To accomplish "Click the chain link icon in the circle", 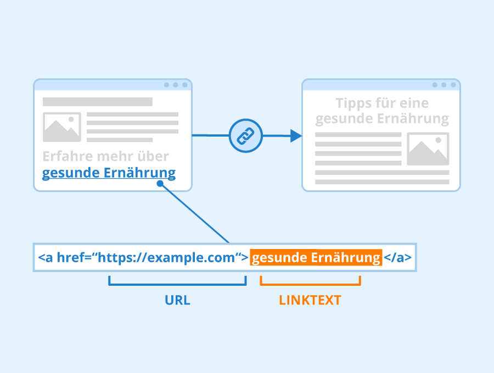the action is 245,135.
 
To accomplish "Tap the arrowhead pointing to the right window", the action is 296,135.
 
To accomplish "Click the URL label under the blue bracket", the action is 177,300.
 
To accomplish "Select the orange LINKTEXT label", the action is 310,300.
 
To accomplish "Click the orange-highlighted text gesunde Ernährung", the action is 316,257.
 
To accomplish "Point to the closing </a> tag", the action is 397,257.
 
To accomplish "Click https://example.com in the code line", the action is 166,257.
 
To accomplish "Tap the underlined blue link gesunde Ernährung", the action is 109,173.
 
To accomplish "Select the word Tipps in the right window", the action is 353,104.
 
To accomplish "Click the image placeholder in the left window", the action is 61,127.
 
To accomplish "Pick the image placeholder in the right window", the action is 428,149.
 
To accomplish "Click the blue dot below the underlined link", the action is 160,184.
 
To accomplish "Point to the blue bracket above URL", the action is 177,284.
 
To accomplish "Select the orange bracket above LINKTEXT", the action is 310,284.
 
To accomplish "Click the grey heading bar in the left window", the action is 98,101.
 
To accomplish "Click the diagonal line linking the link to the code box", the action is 195,213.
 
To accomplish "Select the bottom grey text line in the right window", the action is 382,182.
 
